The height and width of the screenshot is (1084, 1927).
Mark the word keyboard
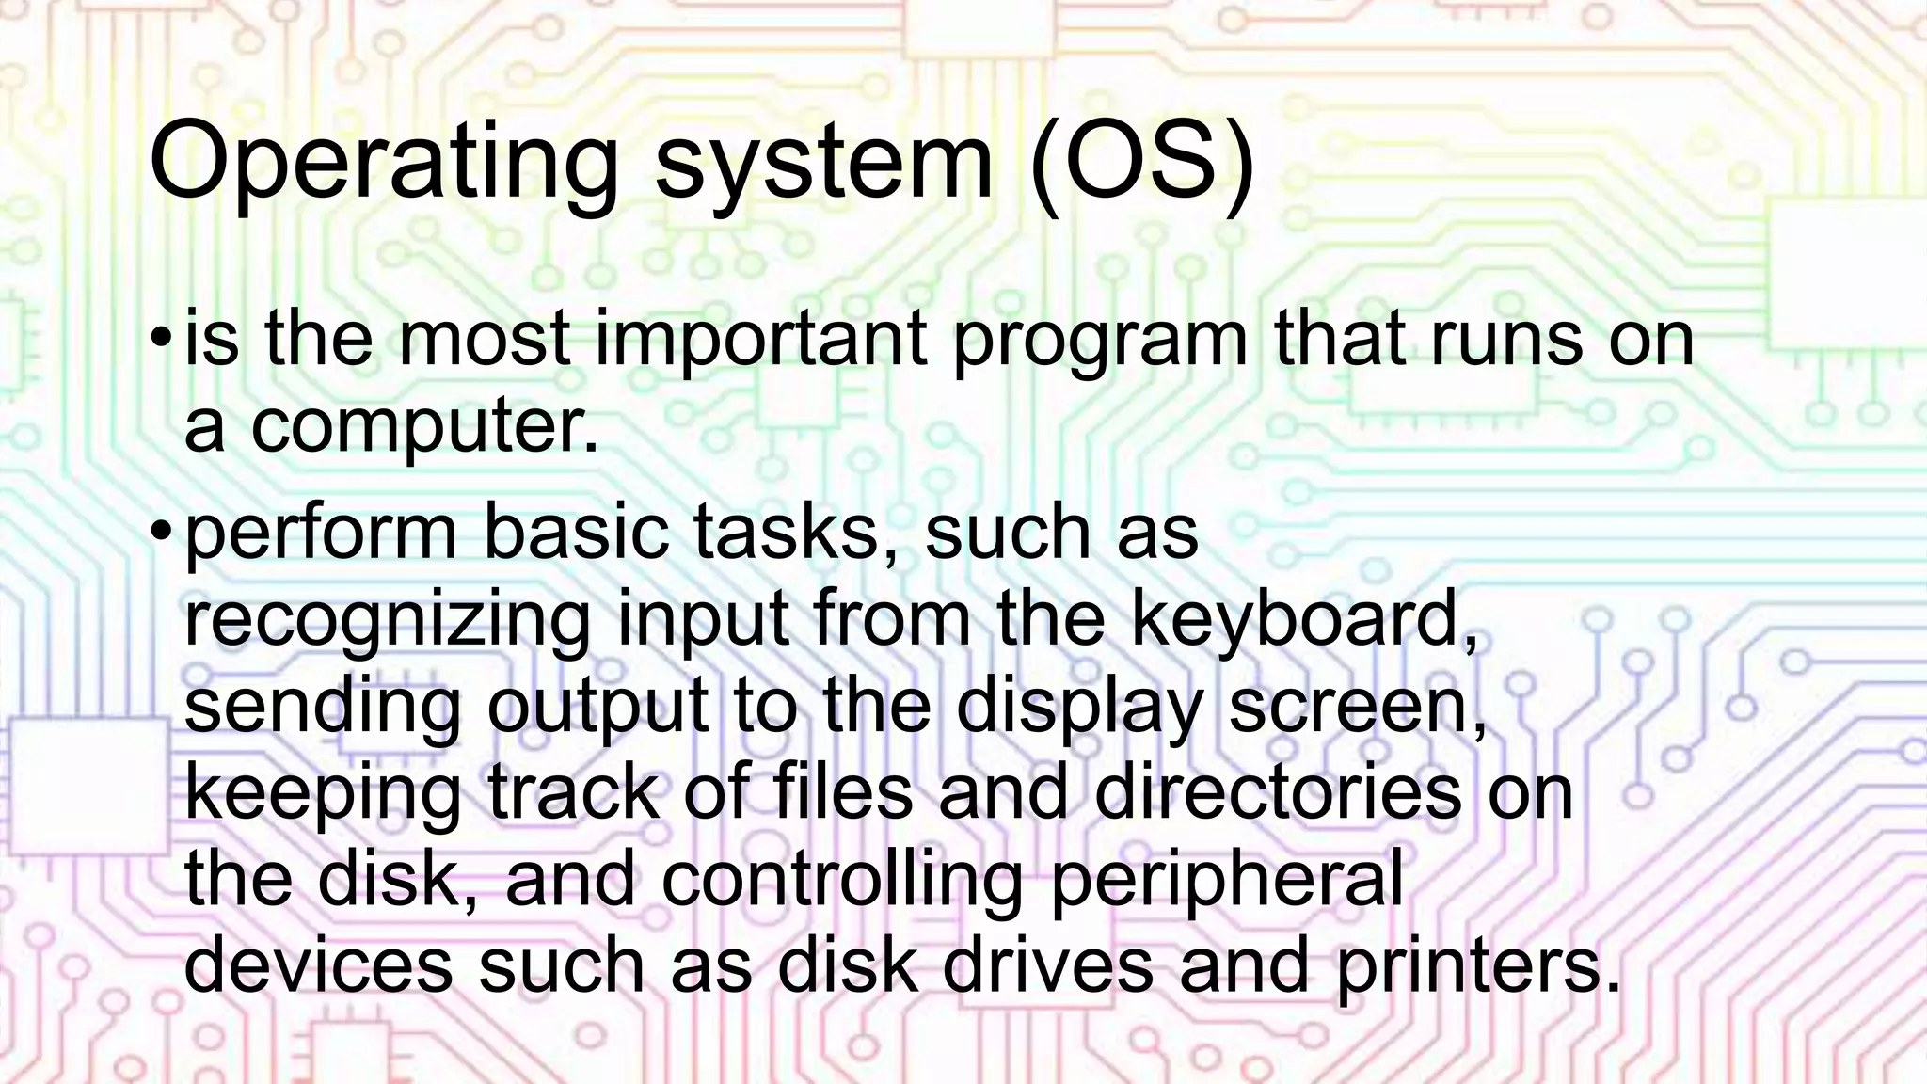[x=1303, y=619]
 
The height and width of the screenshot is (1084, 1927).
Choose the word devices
[x=318, y=965]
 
